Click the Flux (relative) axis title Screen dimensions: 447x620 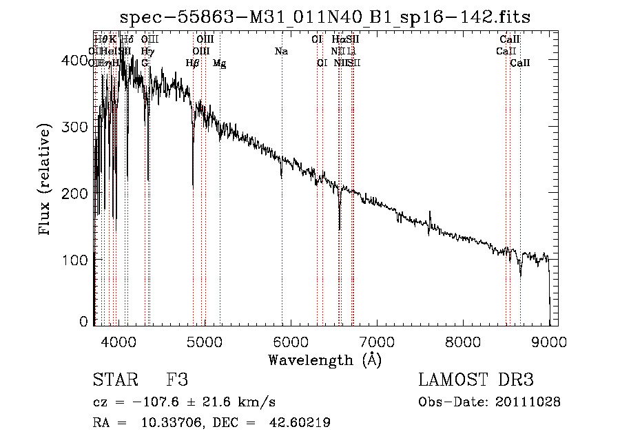(46, 180)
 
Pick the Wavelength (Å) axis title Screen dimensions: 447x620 (324, 360)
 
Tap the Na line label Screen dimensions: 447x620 (281, 51)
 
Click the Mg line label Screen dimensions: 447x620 (219, 63)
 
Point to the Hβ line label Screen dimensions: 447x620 (192, 63)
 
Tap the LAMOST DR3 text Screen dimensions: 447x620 (476, 381)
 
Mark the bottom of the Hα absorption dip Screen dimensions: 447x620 (339, 229)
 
